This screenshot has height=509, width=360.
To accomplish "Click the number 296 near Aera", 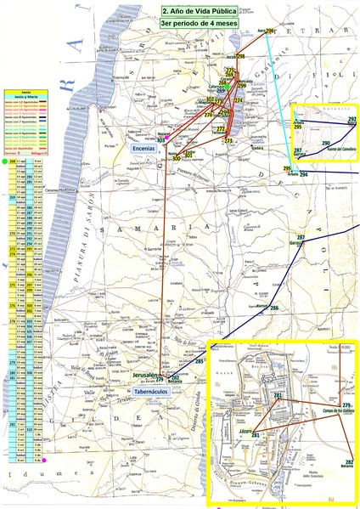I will click(269, 31).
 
